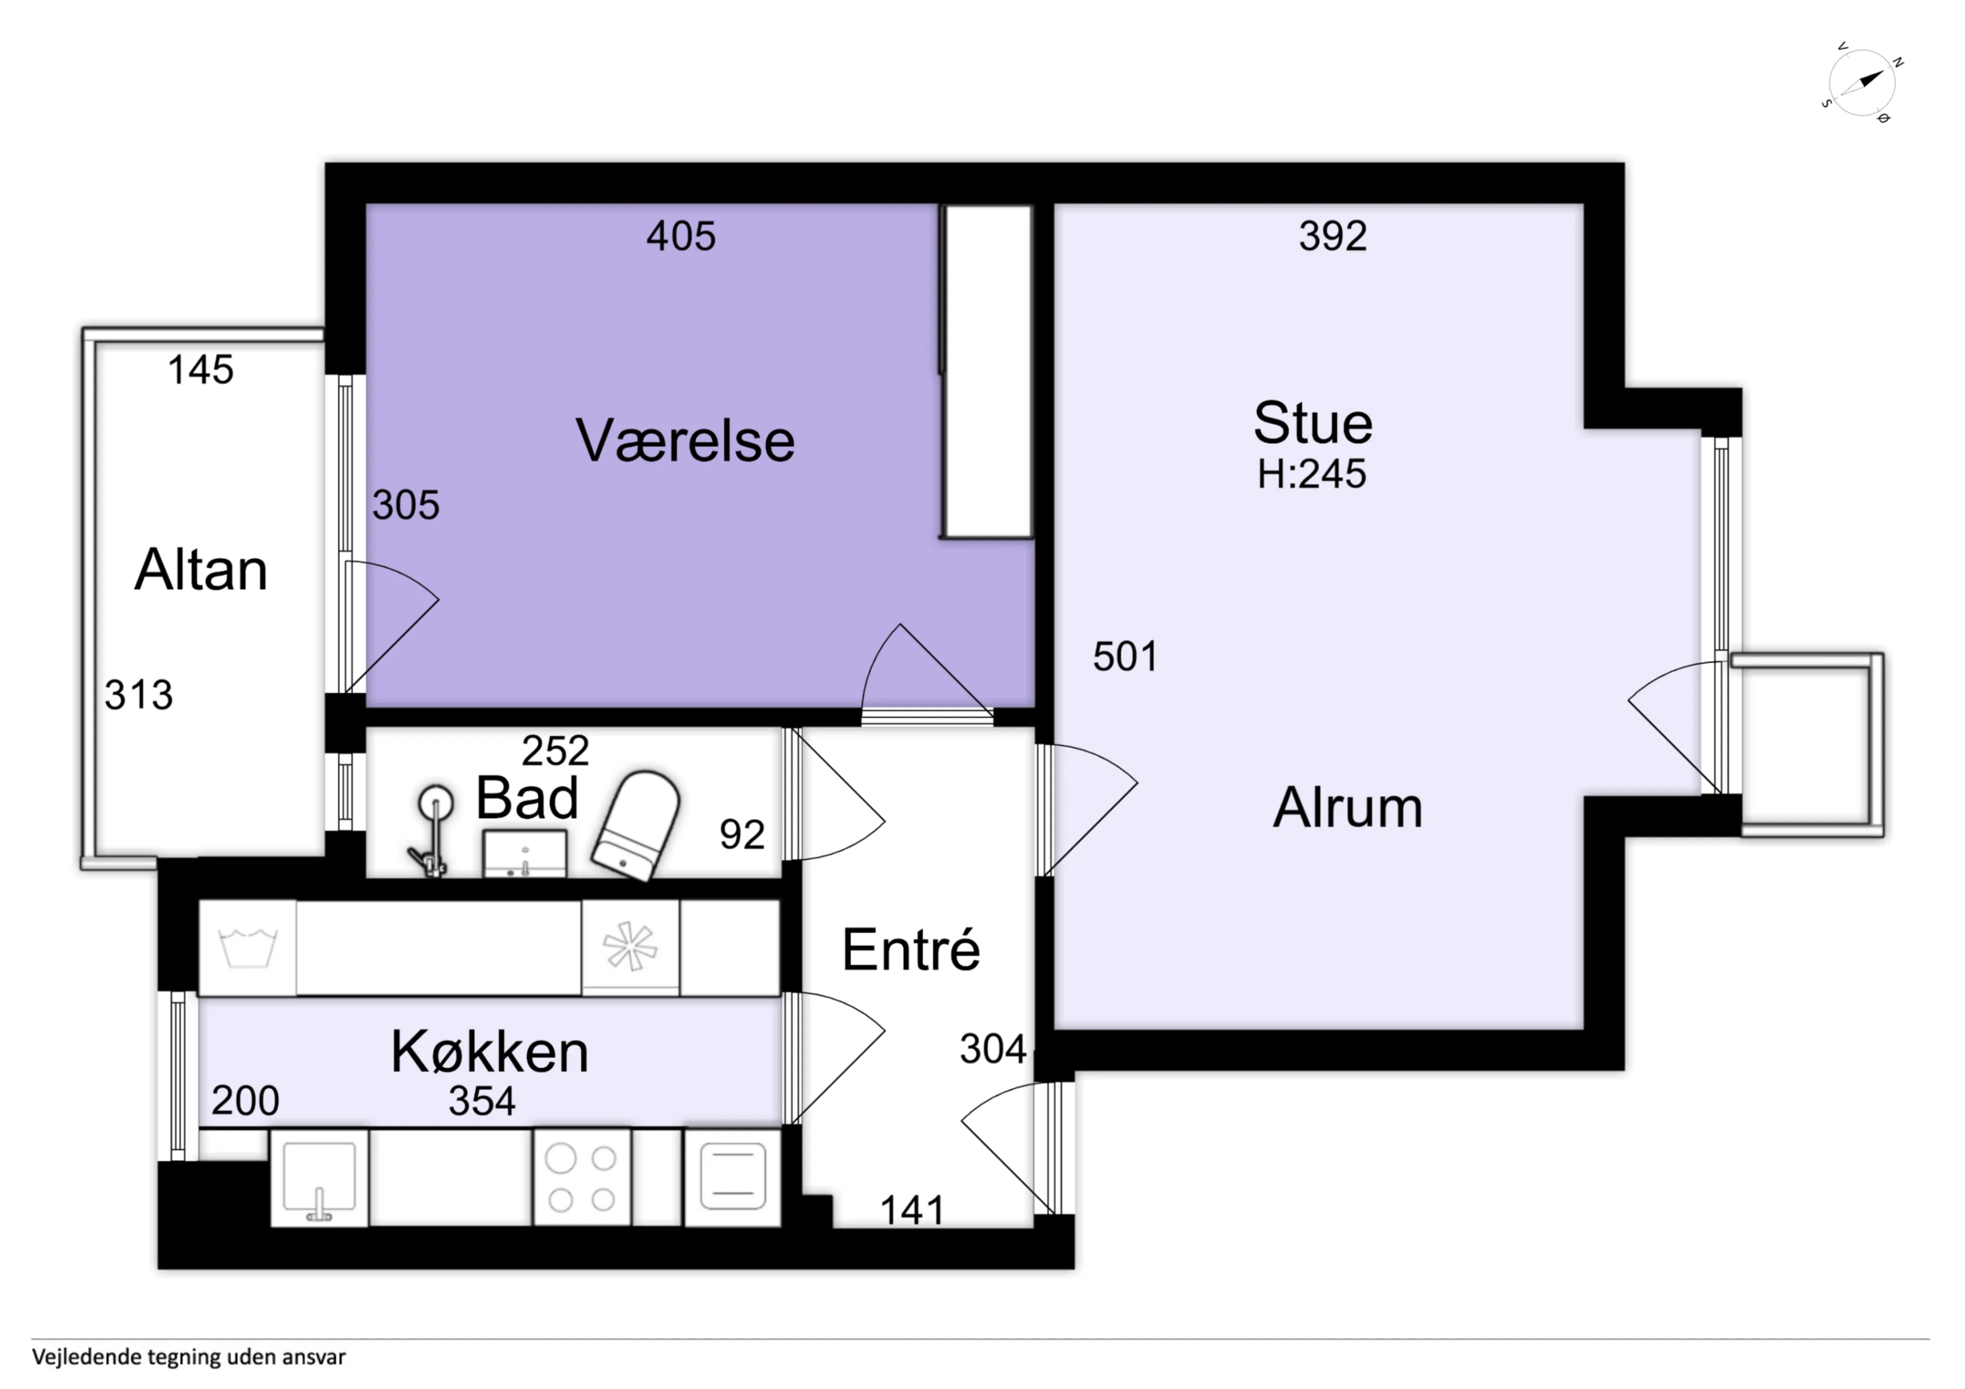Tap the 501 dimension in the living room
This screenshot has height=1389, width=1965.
click(x=1125, y=656)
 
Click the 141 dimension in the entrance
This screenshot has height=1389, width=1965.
click(x=912, y=1210)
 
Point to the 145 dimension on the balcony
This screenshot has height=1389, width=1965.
click(x=200, y=370)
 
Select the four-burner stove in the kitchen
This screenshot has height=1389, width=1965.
click(x=582, y=1178)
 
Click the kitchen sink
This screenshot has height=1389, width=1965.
click(x=319, y=1178)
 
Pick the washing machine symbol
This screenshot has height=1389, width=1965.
click(x=248, y=947)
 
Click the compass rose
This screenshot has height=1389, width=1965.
click(x=1862, y=83)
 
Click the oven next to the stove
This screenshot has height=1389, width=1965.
click(x=733, y=1178)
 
